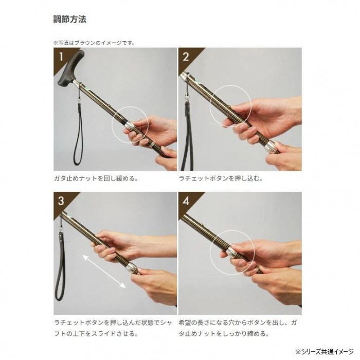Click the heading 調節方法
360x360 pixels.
pyautogui.click(x=70, y=20)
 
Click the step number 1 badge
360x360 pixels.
pyautogui.click(x=61, y=57)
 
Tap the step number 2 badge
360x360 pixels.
pyautogui.click(x=186, y=57)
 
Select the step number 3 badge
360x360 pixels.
pyautogui.click(x=61, y=201)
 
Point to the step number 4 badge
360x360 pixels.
pyautogui.click(x=186, y=201)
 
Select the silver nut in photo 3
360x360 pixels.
pyautogui.click(x=132, y=267)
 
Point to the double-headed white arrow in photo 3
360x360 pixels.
pyautogui.click(x=104, y=271)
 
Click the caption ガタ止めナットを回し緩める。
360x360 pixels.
pyautogui.click(x=96, y=178)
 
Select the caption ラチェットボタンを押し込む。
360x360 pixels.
pyautogui.click(x=221, y=178)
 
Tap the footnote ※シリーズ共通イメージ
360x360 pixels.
pyautogui.click(x=325, y=351)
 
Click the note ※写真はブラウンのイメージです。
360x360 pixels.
pyautogui.click(x=94, y=43)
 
